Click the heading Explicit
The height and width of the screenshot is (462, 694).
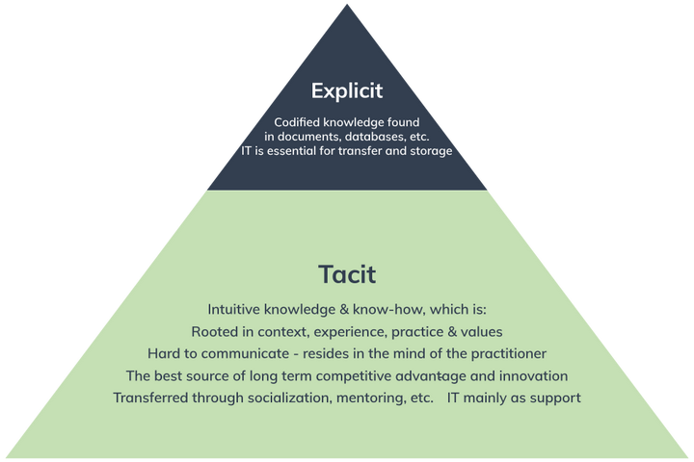pyautogui.click(x=347, y=91)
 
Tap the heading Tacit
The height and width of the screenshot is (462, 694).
pyautogui.click(x=347, y=274)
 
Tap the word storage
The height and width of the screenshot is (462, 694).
pyautogui.click(x=428, y=151)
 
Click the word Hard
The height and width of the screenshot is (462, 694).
pyautogui.click(x=164, y=353)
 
